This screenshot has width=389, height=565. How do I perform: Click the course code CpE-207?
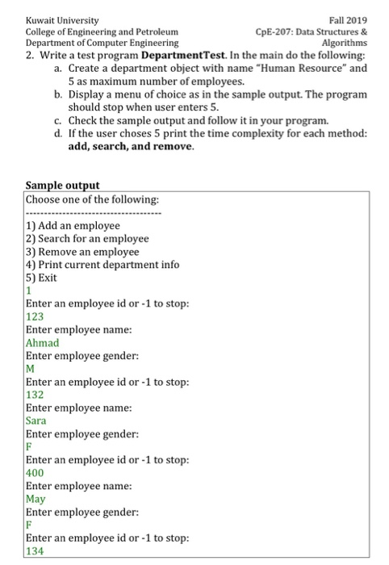point(276,31)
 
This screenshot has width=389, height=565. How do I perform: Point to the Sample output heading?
point(63,186)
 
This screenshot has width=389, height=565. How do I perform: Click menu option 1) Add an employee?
point(73,225)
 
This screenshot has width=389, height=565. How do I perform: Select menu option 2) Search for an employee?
point(88,238)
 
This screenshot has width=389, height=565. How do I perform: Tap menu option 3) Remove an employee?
point(83,251)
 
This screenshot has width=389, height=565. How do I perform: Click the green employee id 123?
point(36,316)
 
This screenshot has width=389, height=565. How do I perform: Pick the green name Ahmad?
point(43,342)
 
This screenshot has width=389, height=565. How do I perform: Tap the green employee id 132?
point(36,395)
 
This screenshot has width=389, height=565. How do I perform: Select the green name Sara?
point(36,421)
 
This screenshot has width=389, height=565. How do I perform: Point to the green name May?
point(36,499)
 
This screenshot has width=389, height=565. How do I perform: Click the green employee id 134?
point(36,551)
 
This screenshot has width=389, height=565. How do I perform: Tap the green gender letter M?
point(31,369)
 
